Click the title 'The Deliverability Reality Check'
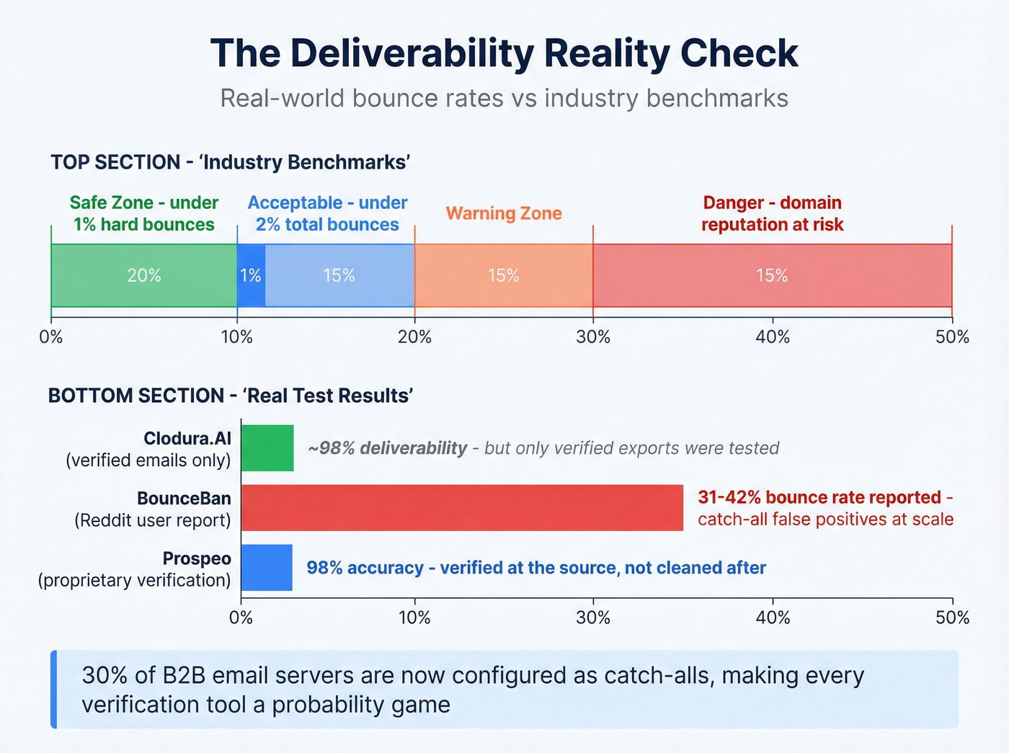[504, 53]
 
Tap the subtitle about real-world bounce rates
[504, 98]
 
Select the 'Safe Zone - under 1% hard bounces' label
[144, 213]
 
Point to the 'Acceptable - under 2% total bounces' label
[327, 213]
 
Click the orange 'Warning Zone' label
[504, 213]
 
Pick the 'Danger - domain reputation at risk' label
[772, 213]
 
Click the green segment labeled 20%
[144, 275]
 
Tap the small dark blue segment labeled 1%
[251, 275]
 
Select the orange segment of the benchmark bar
[504, 275]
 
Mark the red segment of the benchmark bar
[772, 275]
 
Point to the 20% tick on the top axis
[415, 336]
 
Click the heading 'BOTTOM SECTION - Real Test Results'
[231, 396]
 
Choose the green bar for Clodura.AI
[267, 448]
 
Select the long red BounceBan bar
[461, 508]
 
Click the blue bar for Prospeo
[267, 568]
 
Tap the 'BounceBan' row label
[184, 499]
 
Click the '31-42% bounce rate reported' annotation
[819, 498]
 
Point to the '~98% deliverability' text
[388, 448]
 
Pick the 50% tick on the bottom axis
[952, 617]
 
